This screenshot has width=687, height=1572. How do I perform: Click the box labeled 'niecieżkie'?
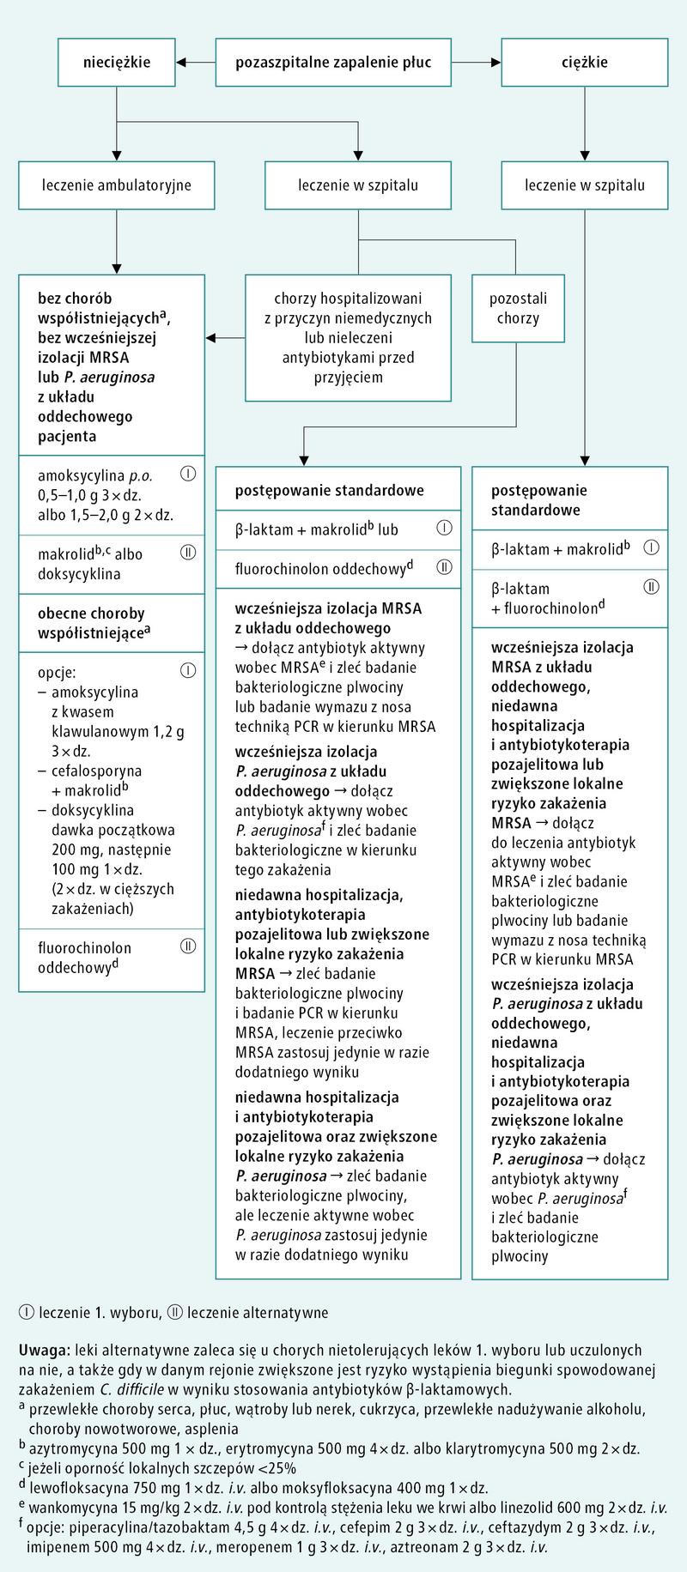(x=117, y=62)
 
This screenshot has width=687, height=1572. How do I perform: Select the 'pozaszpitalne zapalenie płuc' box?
(x=332, y=62)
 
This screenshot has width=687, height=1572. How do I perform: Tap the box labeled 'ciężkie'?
(x=585, y=62)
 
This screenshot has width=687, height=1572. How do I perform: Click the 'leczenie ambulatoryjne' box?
(x=117, y=184)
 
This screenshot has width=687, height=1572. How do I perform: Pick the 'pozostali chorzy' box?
(x=517, y=308)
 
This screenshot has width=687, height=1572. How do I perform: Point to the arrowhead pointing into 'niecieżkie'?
(x=182, y=62)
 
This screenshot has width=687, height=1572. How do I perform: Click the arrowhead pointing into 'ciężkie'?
(x=495, y=62)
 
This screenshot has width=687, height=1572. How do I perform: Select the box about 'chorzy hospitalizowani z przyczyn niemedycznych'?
(x=348, y=337)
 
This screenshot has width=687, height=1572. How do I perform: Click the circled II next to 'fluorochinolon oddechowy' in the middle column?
(x=444, y=566)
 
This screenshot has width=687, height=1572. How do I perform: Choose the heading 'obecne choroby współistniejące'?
(x=91, y=623)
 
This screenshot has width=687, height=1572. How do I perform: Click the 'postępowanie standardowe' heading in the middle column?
(x=330, y=491)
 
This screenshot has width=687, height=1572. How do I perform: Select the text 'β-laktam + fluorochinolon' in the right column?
(x=544, y=598)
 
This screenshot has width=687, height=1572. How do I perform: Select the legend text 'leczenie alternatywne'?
(x=257, y=1312)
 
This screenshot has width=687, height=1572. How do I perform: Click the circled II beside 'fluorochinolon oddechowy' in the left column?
(x=189, y=946)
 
